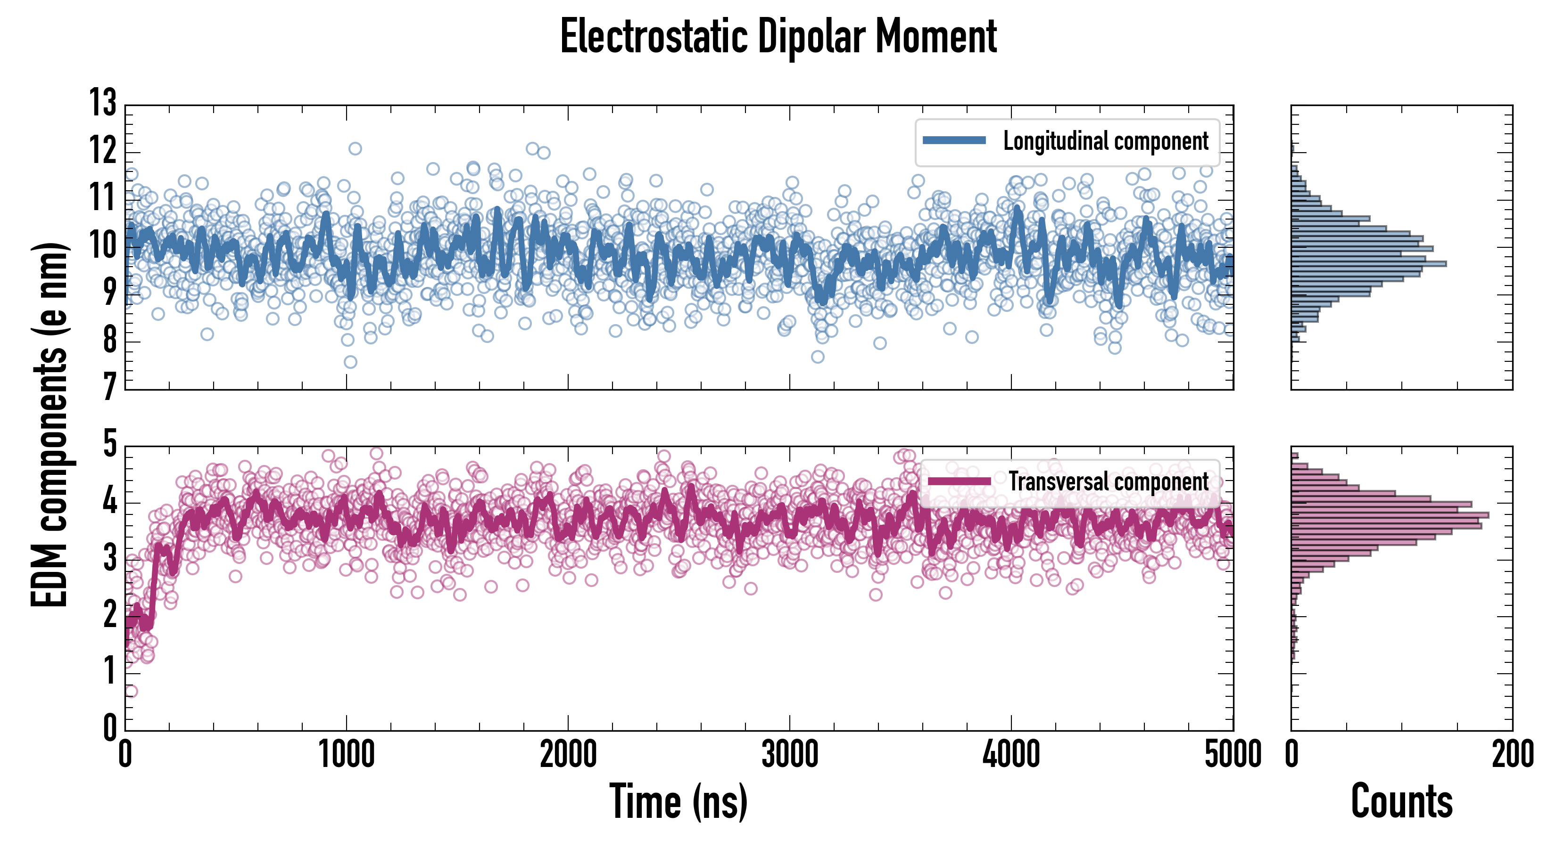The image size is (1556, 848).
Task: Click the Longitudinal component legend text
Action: tap(1105, 141)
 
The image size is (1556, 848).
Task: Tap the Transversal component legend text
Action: tap(1109, 481)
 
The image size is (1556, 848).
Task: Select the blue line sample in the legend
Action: tap(954, 141)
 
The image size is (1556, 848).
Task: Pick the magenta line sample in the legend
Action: tap(959, 481)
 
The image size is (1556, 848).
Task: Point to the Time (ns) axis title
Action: tap(679, 801)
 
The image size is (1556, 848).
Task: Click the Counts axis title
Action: tap(1401, 801)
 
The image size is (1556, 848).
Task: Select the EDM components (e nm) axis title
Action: tap(50, 425)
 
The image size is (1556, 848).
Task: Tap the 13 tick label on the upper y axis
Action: tap(103, 103)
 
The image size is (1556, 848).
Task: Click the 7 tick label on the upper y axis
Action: tap(109, 386)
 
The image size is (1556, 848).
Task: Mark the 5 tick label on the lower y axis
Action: tap(110, 444)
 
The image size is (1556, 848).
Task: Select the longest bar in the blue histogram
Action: tap(1369, 264)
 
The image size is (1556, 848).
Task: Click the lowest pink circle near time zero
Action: tap(131, 691)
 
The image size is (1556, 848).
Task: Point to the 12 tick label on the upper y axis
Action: tap(103, 150)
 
